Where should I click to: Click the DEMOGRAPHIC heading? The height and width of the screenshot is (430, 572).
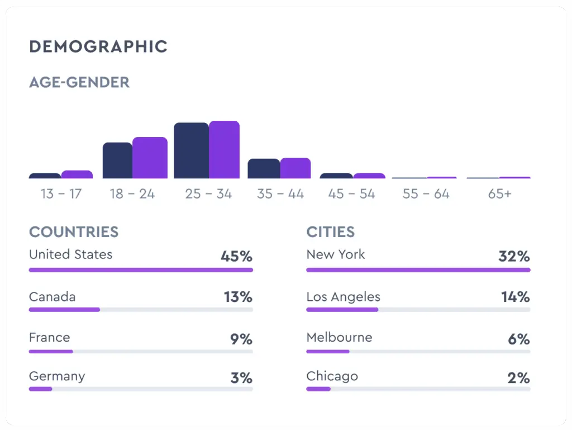[x=98, y=46]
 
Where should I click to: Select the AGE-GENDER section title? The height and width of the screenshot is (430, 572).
[x=79, y=82]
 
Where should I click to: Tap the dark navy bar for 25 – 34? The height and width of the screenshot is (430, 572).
[x=191, y=150]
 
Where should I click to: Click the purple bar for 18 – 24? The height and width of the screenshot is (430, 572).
[x=150, y=158]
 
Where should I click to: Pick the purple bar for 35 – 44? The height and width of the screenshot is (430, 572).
[x=295, y=168]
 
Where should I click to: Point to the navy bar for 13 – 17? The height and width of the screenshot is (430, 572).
[x=45, y=176]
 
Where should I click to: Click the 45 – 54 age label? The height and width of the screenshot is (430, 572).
[x=352, y=194]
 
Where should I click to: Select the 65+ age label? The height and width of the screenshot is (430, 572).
[x=499, y=194]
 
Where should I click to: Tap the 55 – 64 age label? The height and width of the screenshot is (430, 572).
[x=426, y=194]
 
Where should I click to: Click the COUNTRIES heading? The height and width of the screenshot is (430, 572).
[x=74, y=232]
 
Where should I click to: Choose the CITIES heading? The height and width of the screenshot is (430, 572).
[x=331, y=232]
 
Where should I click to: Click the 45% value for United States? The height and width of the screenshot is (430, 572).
[x=236, y=257]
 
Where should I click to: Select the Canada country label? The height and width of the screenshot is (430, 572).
[x=52, y=296]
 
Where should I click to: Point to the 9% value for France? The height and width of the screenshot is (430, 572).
[x=241, y=339]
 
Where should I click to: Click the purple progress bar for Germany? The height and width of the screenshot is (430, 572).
[x=40, y=389]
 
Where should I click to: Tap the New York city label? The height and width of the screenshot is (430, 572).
[x=335, y=254]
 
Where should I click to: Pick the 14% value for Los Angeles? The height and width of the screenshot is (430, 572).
[x=515, y=297]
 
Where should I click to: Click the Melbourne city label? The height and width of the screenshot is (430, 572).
[x=339, y=337]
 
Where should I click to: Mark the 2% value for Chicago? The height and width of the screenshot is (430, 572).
[x=518, y=378]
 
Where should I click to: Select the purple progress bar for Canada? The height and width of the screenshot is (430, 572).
[x=64, y=309]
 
